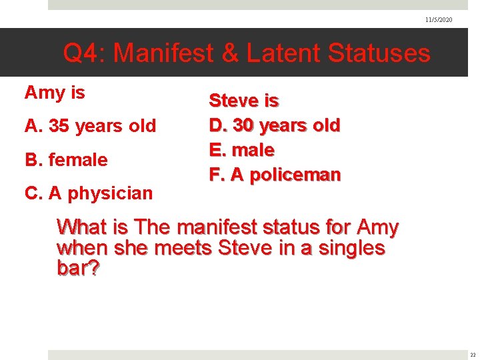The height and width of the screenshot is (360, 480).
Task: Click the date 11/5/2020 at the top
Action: [x=439, y=20]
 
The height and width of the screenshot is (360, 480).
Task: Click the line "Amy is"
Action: [x=55, y=93]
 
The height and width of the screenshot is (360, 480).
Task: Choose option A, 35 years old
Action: [x=90, y=126]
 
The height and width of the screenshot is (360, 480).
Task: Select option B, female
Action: [x=66, y=160]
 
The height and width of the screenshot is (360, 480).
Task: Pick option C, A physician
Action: [x=89, y=193]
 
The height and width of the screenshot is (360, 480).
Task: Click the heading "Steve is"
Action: [x=244, y=101]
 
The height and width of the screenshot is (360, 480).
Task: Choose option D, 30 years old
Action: [x=275, y=125]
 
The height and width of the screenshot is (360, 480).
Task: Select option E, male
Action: [x=241, y=150]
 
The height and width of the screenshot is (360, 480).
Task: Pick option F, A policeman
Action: [x=275, y=175]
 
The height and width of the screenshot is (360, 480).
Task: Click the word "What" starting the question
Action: [x=83, y=227]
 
